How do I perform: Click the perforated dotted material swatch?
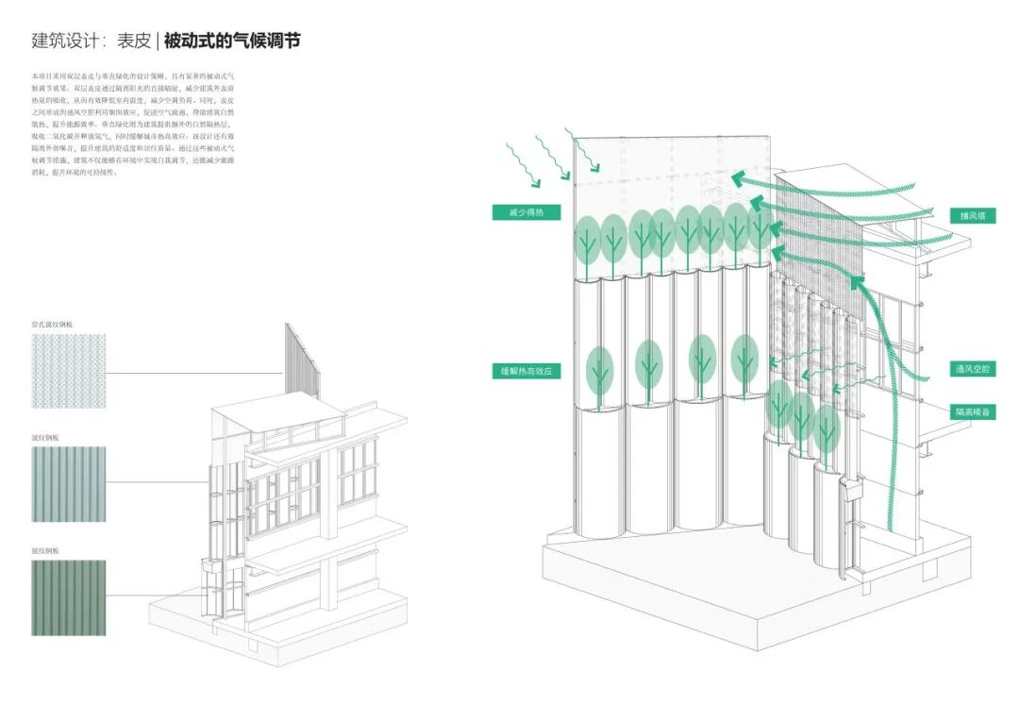68,373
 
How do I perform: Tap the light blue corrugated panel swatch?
68,483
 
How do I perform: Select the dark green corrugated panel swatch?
68,598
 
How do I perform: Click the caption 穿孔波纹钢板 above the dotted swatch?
52,325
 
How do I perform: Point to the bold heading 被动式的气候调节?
232,42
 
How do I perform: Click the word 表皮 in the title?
132,42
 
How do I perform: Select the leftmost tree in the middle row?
599,370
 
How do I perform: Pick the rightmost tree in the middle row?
744,357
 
